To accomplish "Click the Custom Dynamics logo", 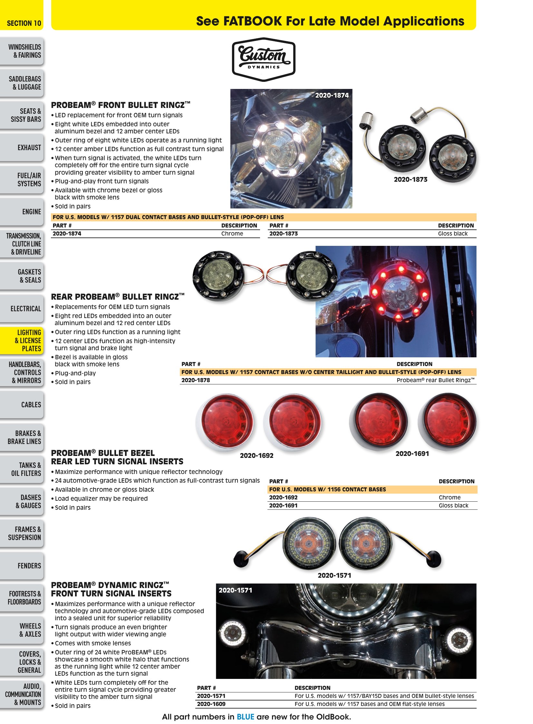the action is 264,59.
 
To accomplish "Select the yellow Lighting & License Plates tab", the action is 22,340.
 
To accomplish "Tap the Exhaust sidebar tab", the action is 22,148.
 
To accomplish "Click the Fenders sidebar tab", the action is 22,566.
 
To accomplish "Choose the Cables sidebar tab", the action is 22,405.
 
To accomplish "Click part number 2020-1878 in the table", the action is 196,380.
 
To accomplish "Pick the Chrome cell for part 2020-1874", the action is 232,234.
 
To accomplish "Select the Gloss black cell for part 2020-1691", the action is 453,506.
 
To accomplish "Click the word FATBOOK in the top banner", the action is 253,21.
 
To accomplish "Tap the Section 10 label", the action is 24,23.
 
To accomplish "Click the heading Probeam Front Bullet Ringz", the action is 121,105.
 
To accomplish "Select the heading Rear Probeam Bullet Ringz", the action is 118,296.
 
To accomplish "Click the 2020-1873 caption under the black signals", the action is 411,179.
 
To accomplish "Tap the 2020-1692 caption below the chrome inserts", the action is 257,456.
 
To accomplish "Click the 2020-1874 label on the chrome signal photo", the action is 332,95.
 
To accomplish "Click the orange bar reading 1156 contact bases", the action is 372,489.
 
